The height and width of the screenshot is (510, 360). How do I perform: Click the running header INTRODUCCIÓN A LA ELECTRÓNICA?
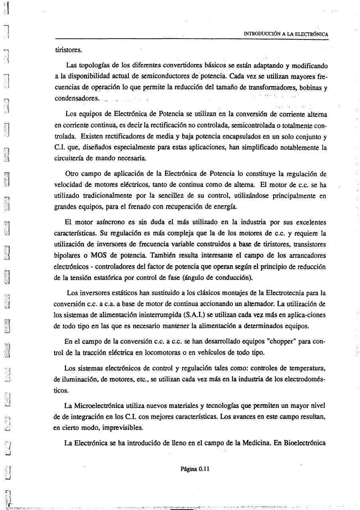point(286,34)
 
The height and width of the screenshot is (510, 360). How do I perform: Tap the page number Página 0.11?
point(195,469)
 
